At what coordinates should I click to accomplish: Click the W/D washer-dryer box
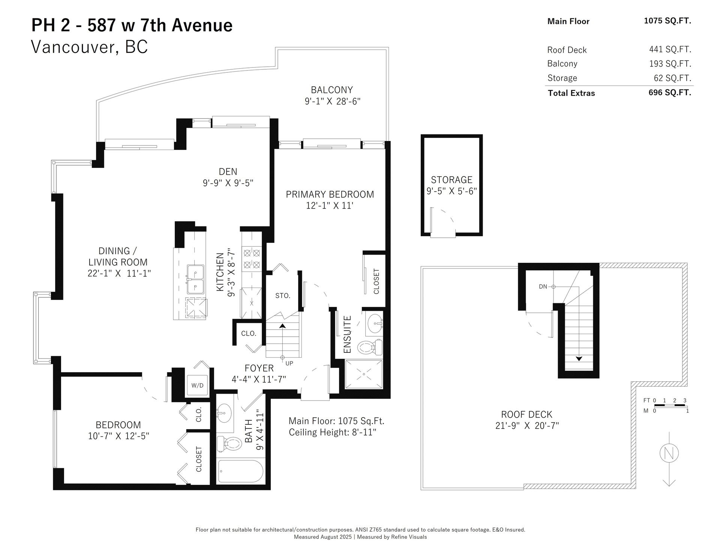pyautogui.click(x=197, y=385)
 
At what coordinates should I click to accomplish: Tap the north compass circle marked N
pyautogui.click(x=669, y=453)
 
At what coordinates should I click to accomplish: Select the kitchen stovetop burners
pyautogui.click(x=252, y=259)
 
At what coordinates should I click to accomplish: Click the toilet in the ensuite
pyautogui.click(x=370, y=347)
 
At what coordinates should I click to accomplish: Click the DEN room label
pyautogui.click(x=228, y=171)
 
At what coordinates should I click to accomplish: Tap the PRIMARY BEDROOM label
pyautogui.click(x=330, y=194)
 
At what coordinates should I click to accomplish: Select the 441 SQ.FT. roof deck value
pyautogui.click(x=670, y=49)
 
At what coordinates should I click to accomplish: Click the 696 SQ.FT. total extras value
pyautogui.click(x=670, y=92)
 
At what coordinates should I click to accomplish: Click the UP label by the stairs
pyautogui.click(x=289, y=363)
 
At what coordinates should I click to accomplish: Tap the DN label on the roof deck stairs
pyautogui.click(x=543, y=286)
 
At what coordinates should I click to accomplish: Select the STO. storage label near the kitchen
pyautogui.click(x=283, y=295)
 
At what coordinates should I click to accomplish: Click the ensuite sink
pyautogui.click(x=374, y=324)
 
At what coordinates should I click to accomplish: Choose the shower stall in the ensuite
pyautogui.click(x=364, y=374)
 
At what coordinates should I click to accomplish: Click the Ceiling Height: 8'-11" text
pyautogui.click(x=333, y=432)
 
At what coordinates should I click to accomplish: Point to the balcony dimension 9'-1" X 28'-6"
pyautogui.click(x=333, y=101)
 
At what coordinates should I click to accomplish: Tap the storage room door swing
pyautogui.click(x=443, y=223)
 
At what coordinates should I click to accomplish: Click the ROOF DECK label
pyautogui.click(x=527, y=414)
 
